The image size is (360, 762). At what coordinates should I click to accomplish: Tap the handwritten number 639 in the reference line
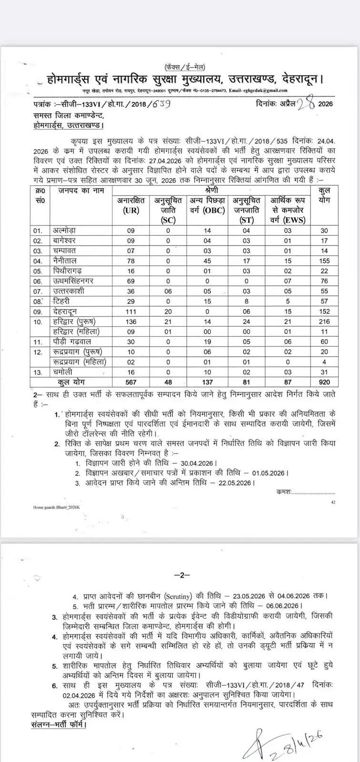click(x=154, y=104)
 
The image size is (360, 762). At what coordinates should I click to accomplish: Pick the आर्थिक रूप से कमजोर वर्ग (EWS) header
click(x=288, y=210)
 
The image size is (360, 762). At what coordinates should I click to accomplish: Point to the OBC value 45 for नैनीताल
click(x=207, y=261)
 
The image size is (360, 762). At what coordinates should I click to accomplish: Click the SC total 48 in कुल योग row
click(x=168, y=381)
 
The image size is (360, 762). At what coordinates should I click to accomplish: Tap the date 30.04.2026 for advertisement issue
click(x=198, y=463)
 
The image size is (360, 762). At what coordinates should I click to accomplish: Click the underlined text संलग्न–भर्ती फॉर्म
click(x=56, y=725)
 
